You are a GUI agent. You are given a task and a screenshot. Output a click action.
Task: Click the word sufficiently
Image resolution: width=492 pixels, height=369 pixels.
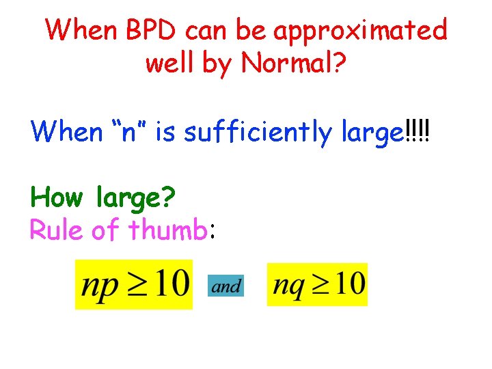pyautogui.click(x=259, y=131)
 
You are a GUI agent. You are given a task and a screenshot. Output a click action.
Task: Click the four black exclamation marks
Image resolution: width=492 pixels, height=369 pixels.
pyautogui.click(x=418, y=130)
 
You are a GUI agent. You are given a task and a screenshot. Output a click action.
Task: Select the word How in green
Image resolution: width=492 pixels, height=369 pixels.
pyautogui.click(x=57, y=198)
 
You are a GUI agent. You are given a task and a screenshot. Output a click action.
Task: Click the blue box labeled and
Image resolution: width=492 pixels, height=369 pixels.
pyautogui.click(x=226, y=286)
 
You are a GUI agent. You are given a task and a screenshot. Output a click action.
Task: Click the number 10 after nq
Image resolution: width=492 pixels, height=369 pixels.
pyautogui.click(x=349, y=282)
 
